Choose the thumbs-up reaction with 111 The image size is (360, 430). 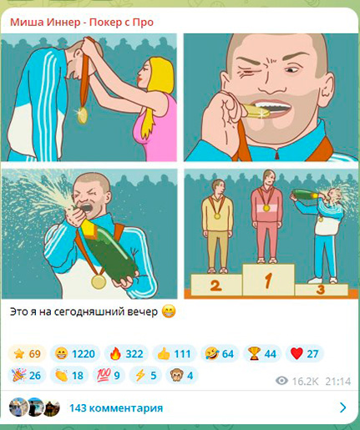pyautogui.click(x=171, y=354)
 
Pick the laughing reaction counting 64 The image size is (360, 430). pyautogui.click(x=217, y=354)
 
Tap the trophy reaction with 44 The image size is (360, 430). pyautogui.click(x=261, y=354)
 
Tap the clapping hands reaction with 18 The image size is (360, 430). pyautogui.click(x=68, y=376)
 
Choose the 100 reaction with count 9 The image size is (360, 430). pyautogui.click(x=109, y=376)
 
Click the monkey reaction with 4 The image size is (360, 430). pyautogui.click(x=183, y=376)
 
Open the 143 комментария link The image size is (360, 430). pyautogui.click(x=116, y=408)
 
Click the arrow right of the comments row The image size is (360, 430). pyautogui.click(x=342, y=408)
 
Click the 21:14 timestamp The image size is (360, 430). pyautogui.click(x=337, y=380)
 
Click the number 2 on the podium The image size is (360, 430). pyautogui.click(x=215, y=286)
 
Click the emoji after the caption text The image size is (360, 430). pyautogui.click(x=168, y=312)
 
